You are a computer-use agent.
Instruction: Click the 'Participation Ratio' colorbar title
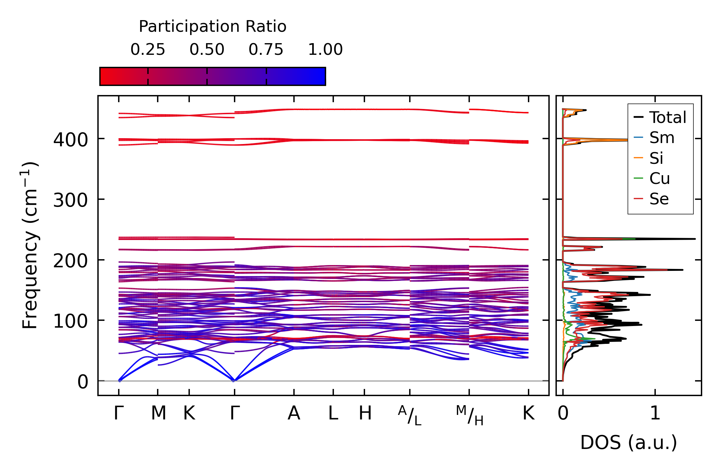(213, 27)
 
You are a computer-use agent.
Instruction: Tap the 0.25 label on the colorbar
(148, 50)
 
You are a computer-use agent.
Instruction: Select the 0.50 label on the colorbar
(207, 50)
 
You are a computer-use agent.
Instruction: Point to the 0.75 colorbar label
(266, 50)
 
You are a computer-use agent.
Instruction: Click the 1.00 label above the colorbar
(325, 50)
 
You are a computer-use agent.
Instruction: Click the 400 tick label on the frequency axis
(70, 140)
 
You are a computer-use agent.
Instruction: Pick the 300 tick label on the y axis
(70, 200)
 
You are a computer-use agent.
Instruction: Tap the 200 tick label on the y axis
(70, 261)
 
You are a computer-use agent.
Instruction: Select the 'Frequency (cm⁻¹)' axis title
(30, 245)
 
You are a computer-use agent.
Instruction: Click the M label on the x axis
(158, 413)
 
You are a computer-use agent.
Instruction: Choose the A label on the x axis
(294, 413)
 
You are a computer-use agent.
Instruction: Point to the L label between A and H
(333, 413)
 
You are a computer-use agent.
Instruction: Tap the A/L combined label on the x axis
(410, 415)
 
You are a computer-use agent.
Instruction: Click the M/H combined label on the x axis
(470, 415)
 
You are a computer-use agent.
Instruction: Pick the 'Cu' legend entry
(659, 178)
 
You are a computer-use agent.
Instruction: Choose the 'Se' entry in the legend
(659, 199)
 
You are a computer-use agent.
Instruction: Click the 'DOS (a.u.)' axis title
(629, 442)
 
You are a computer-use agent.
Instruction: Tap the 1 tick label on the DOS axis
(655, 413)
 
